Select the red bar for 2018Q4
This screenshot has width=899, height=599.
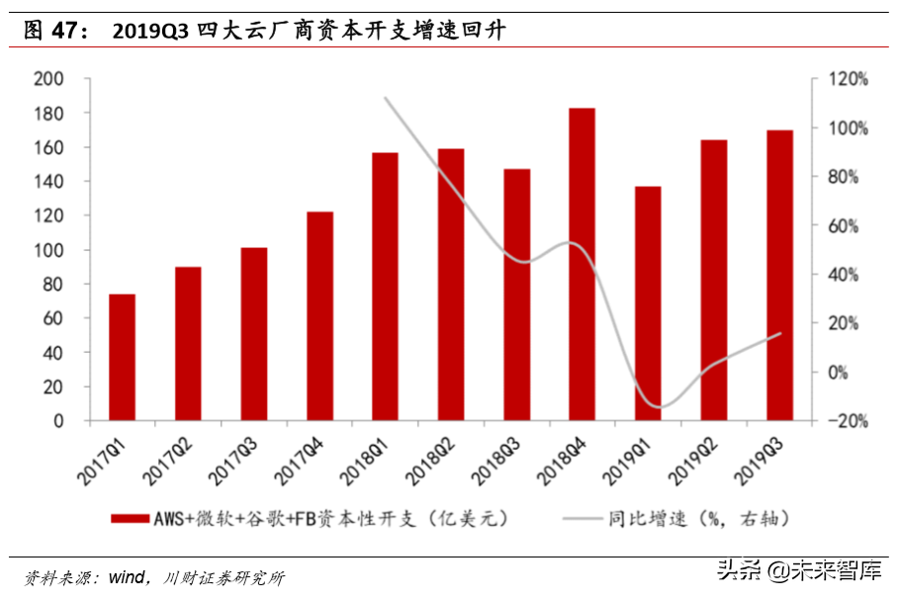click(582, 265)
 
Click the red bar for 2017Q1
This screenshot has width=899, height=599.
click(122, 357)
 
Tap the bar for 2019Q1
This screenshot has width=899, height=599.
click(648, 303)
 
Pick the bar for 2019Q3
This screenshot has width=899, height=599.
click(779, 276)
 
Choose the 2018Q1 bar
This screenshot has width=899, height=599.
click(385, 287)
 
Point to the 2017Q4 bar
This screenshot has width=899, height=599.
click(319, 316)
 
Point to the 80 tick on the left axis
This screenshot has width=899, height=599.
click(51, 285)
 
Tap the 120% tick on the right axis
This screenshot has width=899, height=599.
click(849, 79)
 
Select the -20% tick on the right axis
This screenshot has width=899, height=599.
click(849, 421)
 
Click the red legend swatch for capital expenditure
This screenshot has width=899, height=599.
click(129, 517)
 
